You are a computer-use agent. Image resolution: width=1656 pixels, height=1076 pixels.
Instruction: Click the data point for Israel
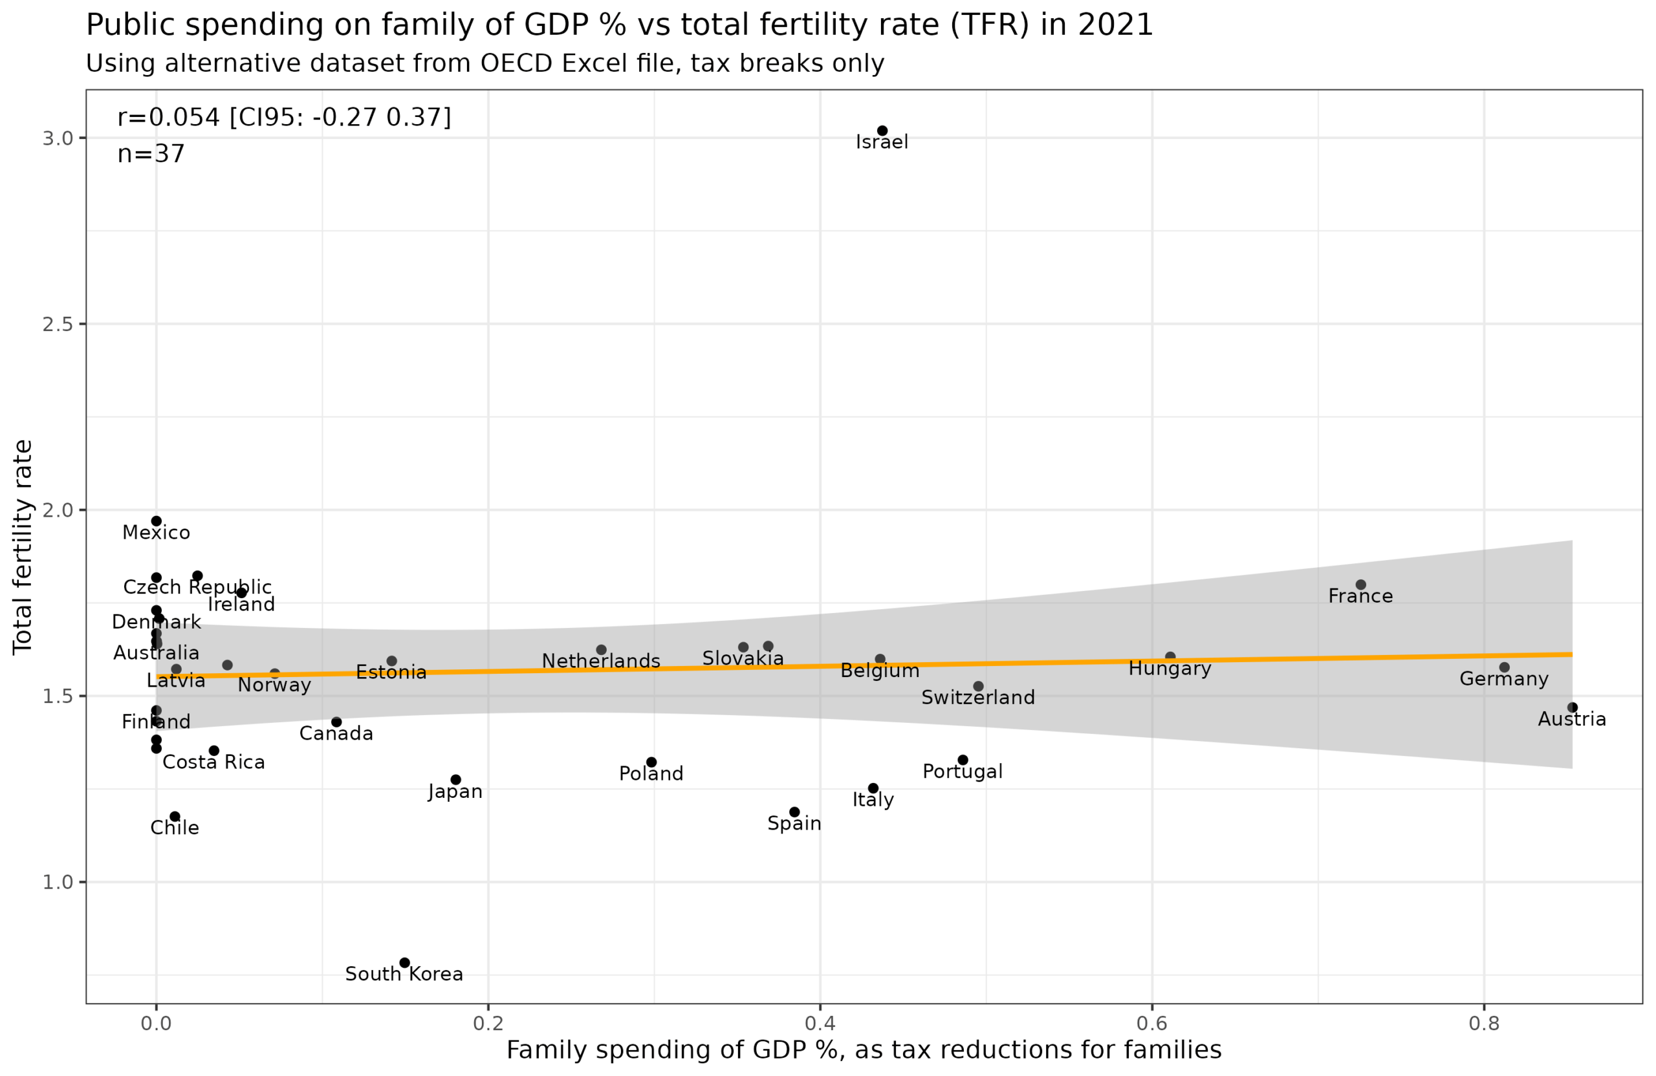[882, 131]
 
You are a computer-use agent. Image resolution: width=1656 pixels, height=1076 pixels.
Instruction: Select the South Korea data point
[404, 963]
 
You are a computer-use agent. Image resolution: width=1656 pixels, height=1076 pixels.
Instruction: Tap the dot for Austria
[1573, 707]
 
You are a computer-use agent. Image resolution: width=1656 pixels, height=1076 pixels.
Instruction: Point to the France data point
[1361, 585]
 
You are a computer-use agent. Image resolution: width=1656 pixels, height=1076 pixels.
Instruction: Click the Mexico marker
[157, 521]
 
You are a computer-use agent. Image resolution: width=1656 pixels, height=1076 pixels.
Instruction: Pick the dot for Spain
[794, 812]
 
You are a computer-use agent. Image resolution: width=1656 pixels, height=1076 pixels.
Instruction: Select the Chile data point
[175, 817]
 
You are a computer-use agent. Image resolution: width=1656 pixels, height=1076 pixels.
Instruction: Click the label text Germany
[1505, 679]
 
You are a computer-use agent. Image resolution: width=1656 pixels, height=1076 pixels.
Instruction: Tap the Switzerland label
[977, 698]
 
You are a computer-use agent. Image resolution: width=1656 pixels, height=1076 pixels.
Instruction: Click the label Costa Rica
[213, 762]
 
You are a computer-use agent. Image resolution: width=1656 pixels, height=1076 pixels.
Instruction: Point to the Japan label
[455, 791]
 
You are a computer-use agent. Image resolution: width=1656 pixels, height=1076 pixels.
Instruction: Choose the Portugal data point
[963, 760]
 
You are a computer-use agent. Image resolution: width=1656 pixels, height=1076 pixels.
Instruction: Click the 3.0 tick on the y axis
[58, 138]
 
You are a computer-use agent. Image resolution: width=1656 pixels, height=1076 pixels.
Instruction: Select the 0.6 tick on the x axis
[1151, 1023]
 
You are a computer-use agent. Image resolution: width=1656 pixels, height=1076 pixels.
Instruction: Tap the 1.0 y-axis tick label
[58, 882]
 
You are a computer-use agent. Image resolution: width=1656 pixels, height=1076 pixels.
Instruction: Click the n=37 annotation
[151, 154]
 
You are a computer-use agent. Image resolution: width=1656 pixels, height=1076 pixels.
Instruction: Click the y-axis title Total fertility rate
[22, 546]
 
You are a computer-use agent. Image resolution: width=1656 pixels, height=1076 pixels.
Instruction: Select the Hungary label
[1170, 669]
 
